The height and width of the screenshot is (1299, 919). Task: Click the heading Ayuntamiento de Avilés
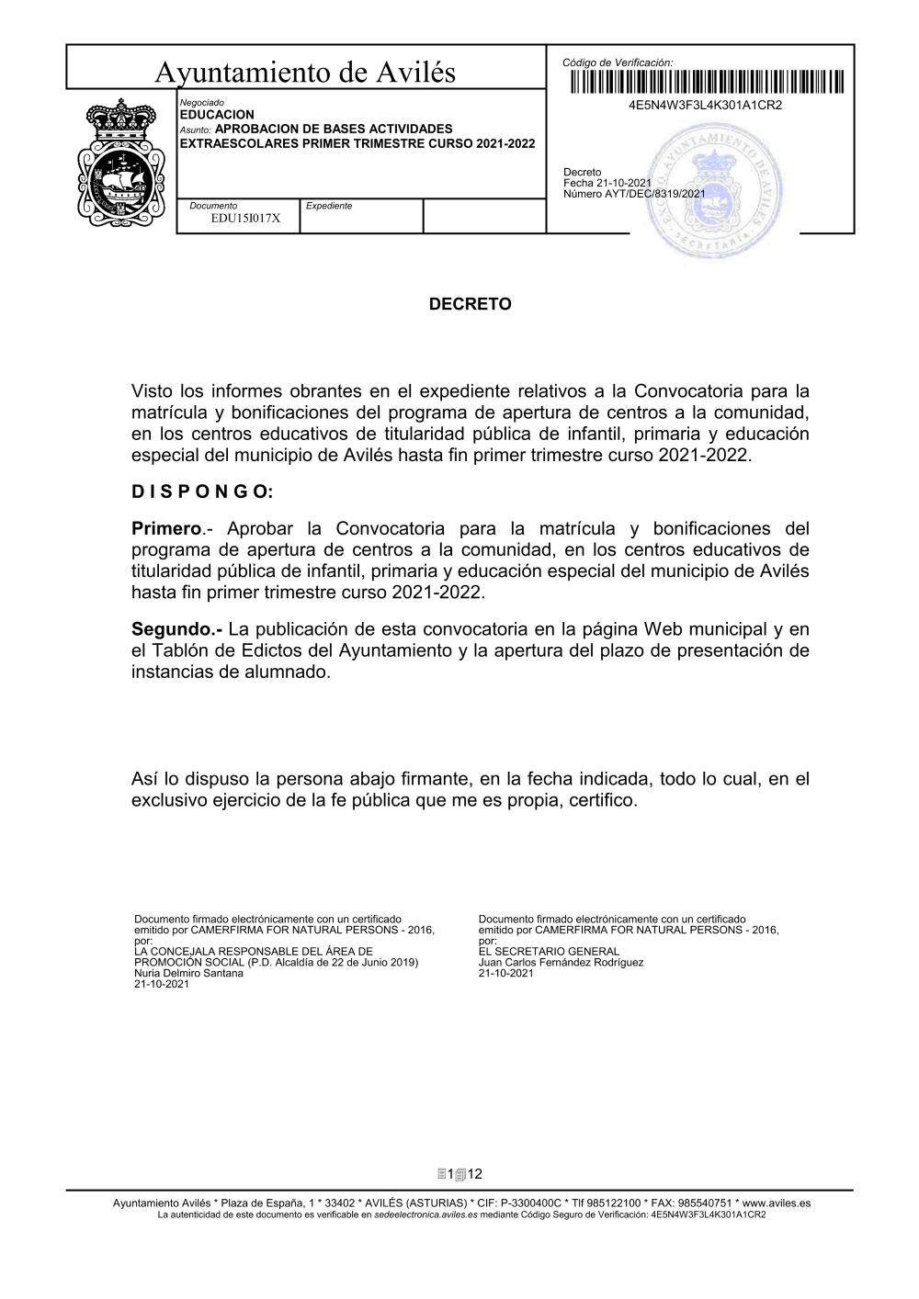click(305, 72)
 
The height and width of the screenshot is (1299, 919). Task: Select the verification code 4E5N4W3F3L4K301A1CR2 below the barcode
click(705, 106)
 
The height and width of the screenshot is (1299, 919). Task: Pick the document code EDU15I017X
click(245, 219)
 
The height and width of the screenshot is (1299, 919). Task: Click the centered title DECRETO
click(471, 304)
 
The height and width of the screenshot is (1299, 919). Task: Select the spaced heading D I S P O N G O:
click(202, 492)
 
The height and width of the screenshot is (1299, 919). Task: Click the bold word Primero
click(166, 528)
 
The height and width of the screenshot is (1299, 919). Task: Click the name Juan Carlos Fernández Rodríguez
click(561, 963)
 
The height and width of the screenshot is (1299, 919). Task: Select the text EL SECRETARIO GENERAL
click(549, 952)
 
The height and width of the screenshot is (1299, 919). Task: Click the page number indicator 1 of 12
click(459, 1174)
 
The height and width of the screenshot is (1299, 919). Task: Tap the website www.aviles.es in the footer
click(777, 1203)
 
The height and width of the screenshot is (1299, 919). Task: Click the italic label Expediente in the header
click(329, 206)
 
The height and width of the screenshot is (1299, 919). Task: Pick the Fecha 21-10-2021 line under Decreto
click(607, 183)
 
